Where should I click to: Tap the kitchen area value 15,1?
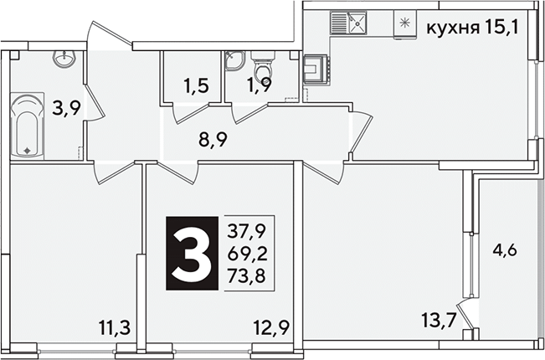point(500,27)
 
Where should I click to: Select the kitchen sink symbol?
point(348,23)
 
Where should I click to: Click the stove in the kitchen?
point(316,69)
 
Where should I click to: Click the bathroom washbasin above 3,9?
point(64,58)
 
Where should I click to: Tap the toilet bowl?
point(263,66)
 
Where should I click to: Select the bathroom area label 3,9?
point(66,108)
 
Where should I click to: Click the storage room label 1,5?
point(197,86)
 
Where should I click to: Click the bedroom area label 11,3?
point(115,327)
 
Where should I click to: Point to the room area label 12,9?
point(271,327)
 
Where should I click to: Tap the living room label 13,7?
point(439,320)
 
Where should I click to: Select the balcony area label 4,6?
point(505,249)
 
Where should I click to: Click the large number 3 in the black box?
point(192,253)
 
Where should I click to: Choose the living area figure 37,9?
point(247,231)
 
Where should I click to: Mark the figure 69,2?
point(248,255)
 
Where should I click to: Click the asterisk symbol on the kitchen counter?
point(404,23)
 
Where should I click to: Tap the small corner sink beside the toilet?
point(234,60)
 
